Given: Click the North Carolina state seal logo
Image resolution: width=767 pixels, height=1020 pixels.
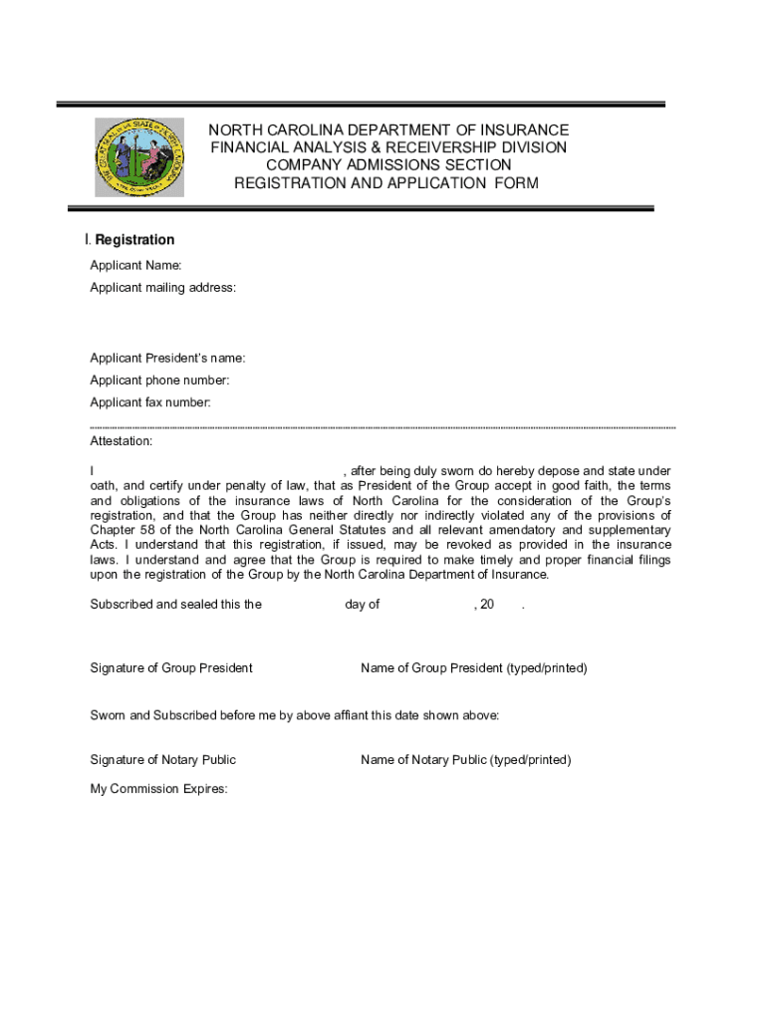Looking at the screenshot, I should point(139,156).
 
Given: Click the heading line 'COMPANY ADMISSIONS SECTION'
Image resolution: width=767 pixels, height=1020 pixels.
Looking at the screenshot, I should point(387,165).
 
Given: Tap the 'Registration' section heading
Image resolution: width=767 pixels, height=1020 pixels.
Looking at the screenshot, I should point(134,240).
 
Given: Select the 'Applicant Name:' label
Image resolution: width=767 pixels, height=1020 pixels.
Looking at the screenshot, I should point(135,265).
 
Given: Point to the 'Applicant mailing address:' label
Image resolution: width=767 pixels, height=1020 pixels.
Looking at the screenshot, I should point(163,288).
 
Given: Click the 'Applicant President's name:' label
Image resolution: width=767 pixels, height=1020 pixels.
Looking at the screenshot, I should point(167,359).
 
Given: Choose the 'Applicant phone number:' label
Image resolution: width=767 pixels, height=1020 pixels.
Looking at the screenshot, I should point(159,381).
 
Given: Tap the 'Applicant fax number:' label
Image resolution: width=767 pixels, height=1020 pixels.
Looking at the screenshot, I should point(150,402).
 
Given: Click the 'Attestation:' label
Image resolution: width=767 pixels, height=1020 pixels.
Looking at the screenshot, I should point(122,440).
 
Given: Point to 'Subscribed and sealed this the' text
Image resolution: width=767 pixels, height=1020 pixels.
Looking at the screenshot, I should point(176,605).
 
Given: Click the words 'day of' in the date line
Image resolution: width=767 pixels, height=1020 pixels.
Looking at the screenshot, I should point(363,605).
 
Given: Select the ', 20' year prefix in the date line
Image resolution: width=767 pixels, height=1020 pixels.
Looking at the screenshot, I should point(484,605).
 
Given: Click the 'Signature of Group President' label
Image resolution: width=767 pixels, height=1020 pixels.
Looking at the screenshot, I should point(171,668).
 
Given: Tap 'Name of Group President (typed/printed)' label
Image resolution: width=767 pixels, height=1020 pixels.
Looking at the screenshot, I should point(474,668).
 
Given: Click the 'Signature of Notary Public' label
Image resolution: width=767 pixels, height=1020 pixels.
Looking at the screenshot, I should point(163,760).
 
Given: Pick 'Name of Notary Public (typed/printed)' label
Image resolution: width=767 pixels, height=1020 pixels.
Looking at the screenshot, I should point(466,760).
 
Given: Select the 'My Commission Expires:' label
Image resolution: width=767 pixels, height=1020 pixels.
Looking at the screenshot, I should point(159,789).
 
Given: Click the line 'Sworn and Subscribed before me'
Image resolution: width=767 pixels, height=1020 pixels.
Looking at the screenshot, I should point(295,716).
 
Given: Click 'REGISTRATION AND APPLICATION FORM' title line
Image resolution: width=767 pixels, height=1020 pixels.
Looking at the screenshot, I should point(385,183).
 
